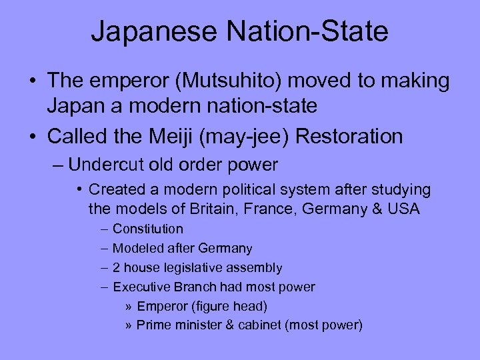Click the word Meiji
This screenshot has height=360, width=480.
click(x=181, y=136)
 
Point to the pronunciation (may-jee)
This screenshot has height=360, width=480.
click(x=248, y=136)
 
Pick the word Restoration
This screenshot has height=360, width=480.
click(x=349, y=136)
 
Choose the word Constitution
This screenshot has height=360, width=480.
click(x=147, y=229)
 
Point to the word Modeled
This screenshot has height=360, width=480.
click(x=135, y=248)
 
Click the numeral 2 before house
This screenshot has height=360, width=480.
click(x=117, y=267)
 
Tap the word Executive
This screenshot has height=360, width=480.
click(x=139, y=287)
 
